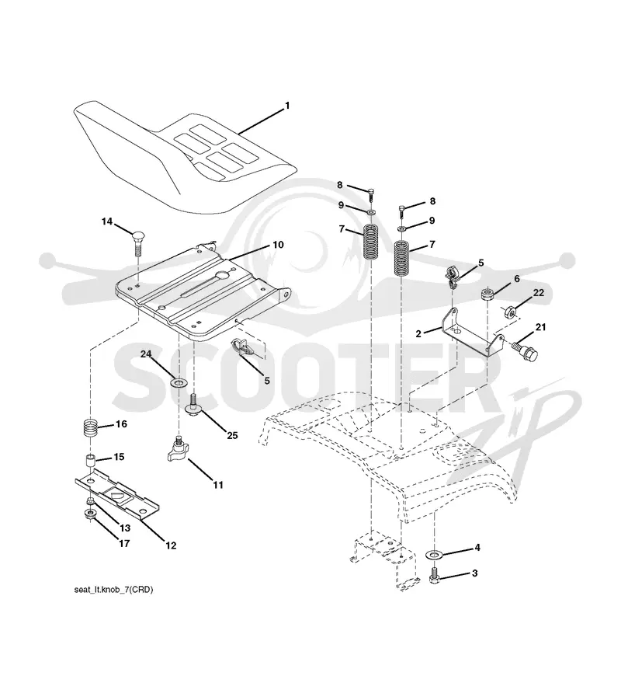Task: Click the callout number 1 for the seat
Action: click(x=287, y=106)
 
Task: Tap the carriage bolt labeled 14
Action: click(x=137, y=242)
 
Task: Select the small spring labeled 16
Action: click(x=91, y=428)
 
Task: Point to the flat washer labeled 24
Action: click(x=177, y=382)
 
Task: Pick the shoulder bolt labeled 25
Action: click(x=193, y=404)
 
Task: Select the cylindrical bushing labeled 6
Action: click(x=487, y=296)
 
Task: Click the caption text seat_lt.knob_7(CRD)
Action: click(x=113, y=589)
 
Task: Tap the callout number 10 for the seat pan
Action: click(x=278, y=245)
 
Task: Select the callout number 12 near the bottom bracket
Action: click(x=171, y=545)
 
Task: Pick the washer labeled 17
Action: click(x=91, y=514)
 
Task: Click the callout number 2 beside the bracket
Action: click(x=418, y=333)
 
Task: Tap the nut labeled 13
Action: click(x=90, y=501)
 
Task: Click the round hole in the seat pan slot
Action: click(x=223, y=274)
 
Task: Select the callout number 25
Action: click(x=232, y=435)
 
